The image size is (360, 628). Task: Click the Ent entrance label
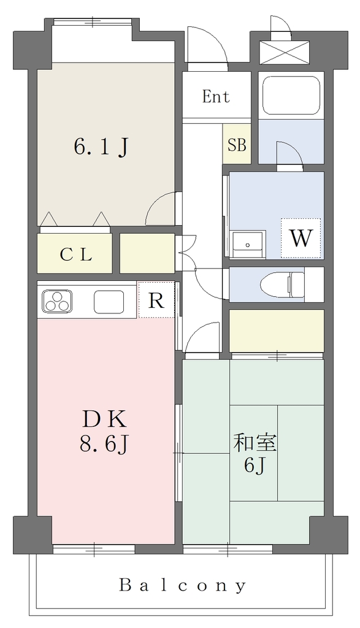pyautogui.click(x=216, y=96)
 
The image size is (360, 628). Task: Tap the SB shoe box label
pyautogui.click(x=237, y=145)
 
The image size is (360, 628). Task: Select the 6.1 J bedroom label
pyautogui.click(x=101, y=147)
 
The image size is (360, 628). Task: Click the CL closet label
pyautogui.click(x=76, y=255)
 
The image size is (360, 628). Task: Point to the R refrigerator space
pyautogui.click(x=156, y=300)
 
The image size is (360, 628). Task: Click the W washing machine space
pyautogui.click(x=301, y=239)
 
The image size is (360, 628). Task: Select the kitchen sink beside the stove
pyautogui.click(x=109, y=301)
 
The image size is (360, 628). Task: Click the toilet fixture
pyautogui.click(x=282, y=285)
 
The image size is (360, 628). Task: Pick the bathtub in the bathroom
pyautogui.click(x=291, y=95)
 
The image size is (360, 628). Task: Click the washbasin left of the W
pyautogui.click(x=248, y=244)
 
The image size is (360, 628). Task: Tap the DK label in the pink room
pyautogui.click(x=105, y=420)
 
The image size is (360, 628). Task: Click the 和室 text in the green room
pyautogui.click(x=256, y=443)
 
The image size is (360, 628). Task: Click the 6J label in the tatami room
pyautogui.click(x=255, y=466)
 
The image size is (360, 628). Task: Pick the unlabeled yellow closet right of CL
pyautogui.click(x=147, y=253)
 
